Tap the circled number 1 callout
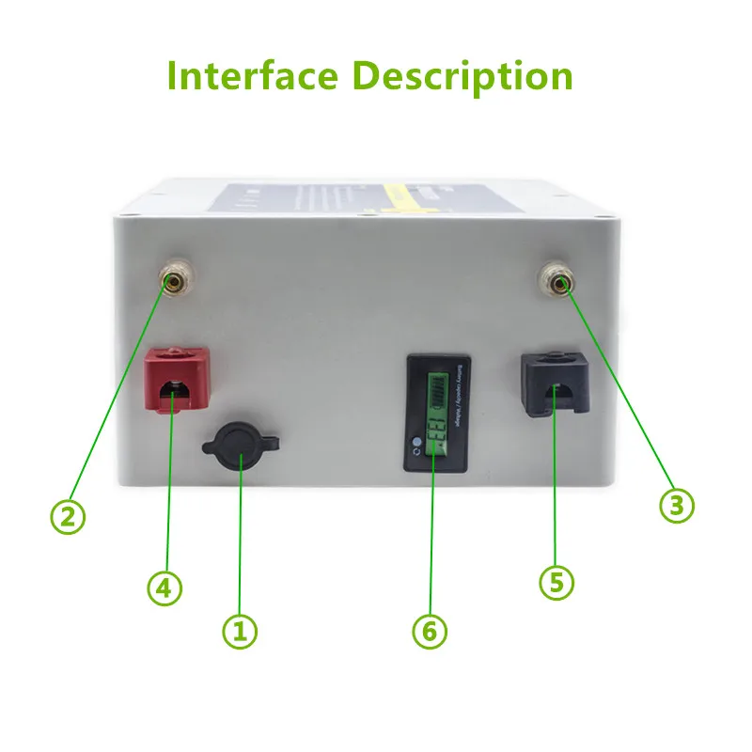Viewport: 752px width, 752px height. pyautogui.click(x=239, y=632)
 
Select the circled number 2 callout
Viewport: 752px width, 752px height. pyautogui.click(x=67, y=515)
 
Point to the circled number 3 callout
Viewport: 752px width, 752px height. pyautogui.click(x=676, y=505)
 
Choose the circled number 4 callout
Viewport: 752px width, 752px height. pyautogui.click(x=164, y=588)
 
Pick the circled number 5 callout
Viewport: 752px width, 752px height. pyautogui.click(x=556, y=582)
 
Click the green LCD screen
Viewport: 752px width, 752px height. pyautogui.click(x=435, y=414)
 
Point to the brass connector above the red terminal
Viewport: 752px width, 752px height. pyautogui.click(x=173, y=282)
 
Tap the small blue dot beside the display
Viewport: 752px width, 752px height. pyautogui.click(x=415, y=440)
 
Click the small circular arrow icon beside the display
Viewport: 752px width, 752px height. pyautogui.click(x=415, y=457)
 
